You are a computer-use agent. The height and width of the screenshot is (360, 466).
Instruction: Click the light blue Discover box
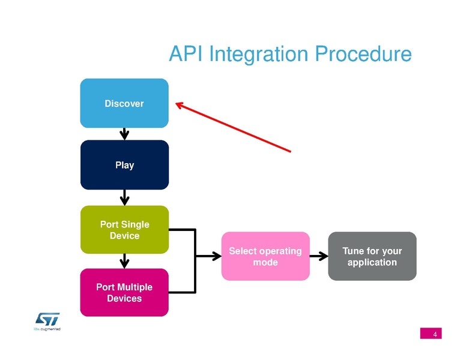click(x=124, y=103)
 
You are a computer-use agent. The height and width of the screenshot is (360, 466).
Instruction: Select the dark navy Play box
click(x=124, y=165)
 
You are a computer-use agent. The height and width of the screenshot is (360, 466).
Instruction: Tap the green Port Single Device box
click(x=124, y=230)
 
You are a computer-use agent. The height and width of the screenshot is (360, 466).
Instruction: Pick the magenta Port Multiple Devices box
click(x=124, y=292)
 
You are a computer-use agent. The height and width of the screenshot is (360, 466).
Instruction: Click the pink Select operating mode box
click(x=265, y=256)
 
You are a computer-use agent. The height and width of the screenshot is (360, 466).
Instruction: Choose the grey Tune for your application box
click(x=372, y=256)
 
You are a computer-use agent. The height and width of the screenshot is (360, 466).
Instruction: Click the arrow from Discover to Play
click(x=124, y=134)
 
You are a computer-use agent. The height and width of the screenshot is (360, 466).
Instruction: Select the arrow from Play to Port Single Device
click(x=124, y=197)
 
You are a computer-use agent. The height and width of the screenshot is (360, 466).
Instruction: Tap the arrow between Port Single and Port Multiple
click(x=124, y=260)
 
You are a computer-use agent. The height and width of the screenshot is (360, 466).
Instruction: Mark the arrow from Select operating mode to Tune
click(x=319, y=256)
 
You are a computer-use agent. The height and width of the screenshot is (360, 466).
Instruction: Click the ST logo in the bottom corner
click(x=47, y=319)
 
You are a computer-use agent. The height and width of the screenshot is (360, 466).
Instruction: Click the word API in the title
click(x=186, y=54)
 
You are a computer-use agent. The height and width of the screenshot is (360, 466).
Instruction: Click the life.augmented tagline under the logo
click(x=47, y=329)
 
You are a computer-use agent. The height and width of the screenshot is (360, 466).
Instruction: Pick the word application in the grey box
click(x=372, y=262)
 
